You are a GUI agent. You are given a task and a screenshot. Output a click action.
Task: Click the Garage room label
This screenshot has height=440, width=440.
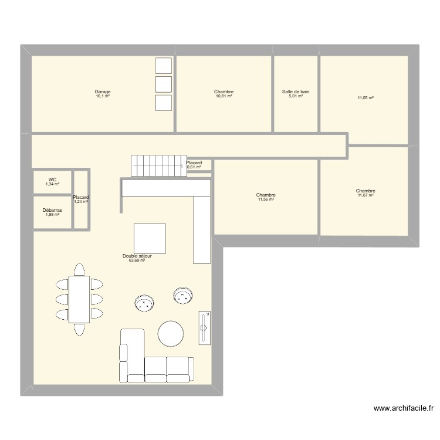(x=103, y=92)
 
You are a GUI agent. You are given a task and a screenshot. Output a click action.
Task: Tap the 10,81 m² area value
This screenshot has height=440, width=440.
(x=224, y=96)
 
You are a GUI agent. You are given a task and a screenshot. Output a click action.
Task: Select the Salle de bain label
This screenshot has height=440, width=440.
(x=296, y=92)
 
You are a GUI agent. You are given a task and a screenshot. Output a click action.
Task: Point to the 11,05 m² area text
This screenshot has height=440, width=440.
(x=365, y=97)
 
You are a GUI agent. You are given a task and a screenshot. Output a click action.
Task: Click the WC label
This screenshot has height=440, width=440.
(x=52, y=180)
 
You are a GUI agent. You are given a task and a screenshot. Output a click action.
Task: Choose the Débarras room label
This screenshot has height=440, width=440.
(x=52, y=210)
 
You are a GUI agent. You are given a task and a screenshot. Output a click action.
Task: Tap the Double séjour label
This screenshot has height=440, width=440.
(x=137, y=256)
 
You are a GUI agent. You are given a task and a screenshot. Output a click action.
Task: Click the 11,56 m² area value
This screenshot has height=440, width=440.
(x=266, y=199)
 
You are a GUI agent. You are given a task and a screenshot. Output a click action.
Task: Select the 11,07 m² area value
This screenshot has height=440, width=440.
(x=365, y=195)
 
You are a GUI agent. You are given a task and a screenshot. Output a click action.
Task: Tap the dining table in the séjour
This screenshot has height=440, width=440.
(x=79, y=299)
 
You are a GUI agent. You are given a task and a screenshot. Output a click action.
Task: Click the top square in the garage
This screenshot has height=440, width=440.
(x=164, y=66)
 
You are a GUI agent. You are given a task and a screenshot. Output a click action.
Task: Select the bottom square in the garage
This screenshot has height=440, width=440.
(x=164, y=103)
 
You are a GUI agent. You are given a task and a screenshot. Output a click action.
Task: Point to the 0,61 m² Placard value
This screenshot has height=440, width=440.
(x=194, y=167)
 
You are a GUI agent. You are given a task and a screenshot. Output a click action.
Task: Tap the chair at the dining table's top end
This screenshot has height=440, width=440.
(x=79, y=269)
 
